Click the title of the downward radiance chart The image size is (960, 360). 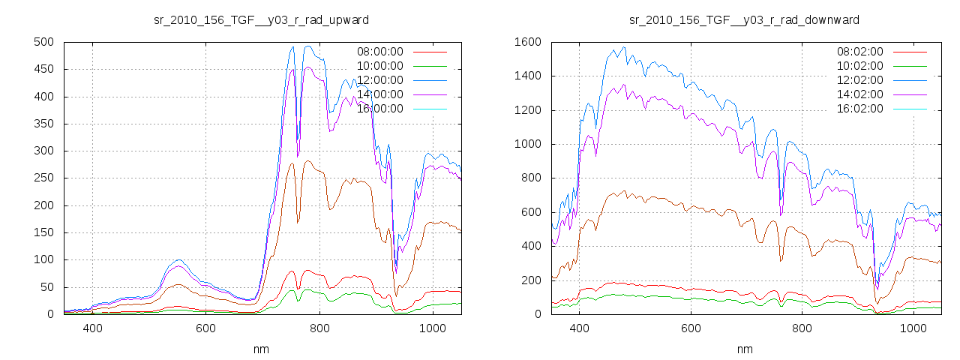pos(744,19)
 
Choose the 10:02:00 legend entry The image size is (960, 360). pos(859,66)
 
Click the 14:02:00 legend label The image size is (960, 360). pos(859,94)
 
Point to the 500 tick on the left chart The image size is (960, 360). pos(43,42)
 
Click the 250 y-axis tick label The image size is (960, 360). pos(43,178)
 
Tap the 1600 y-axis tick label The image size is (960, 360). pos(528,42)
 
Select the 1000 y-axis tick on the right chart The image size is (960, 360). pos(528,144)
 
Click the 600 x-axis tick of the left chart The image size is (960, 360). pos(206,328)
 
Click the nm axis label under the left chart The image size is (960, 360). pos(261,349)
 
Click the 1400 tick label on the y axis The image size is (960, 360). pos(528,76)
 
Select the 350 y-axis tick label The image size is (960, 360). pos(43,124)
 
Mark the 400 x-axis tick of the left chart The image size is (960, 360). pos(93,328)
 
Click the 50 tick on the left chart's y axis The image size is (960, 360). pos(46,287)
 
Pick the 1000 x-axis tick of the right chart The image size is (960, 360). pos(913,328)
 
